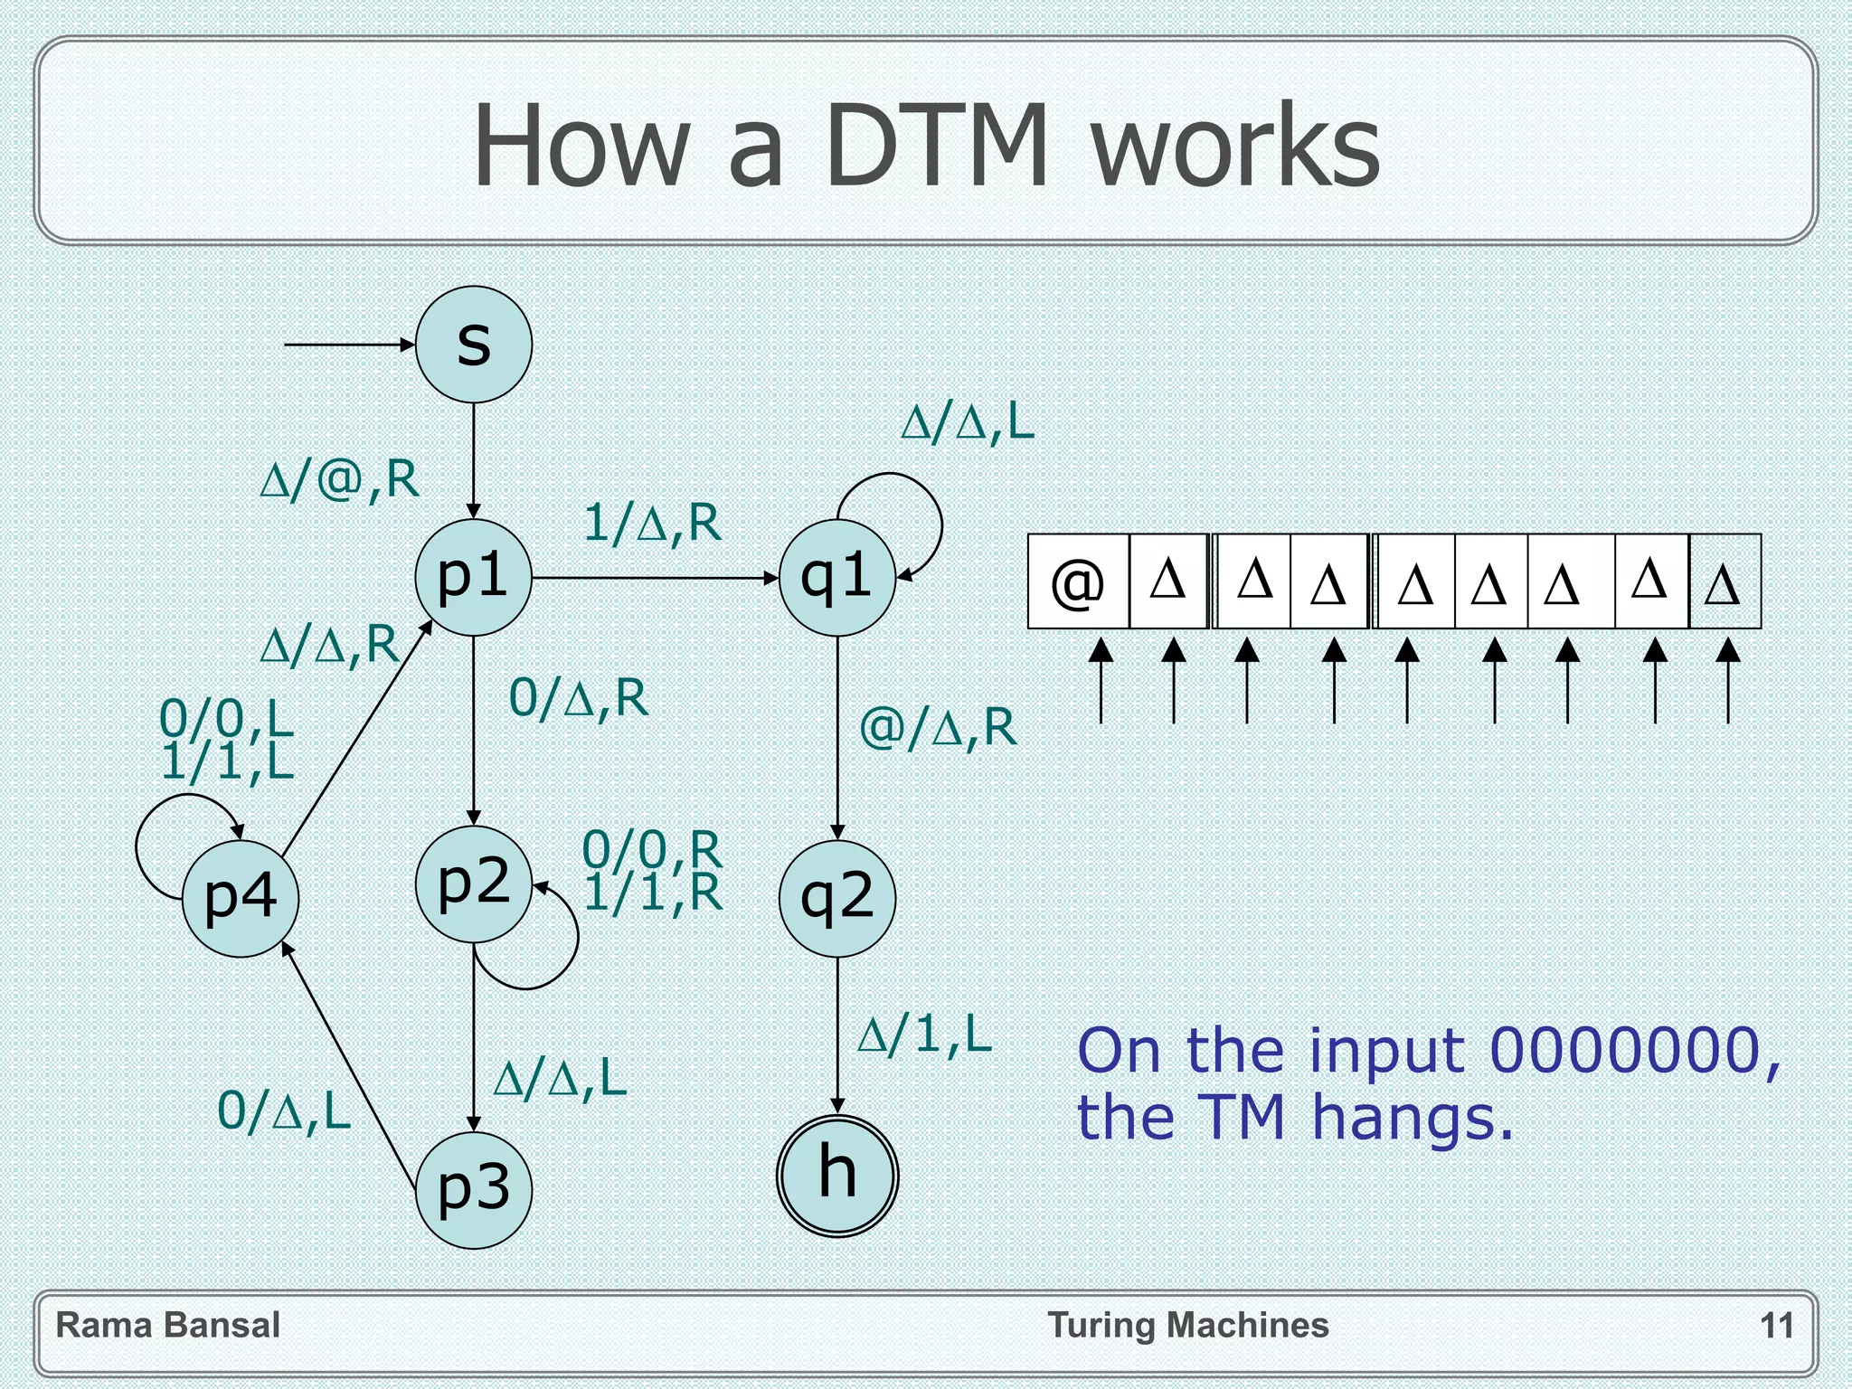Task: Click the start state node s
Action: [x=474, y=345]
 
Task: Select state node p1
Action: [x=474, y=577]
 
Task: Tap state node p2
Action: [x=474, y=883]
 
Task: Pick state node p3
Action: [x=474, y=1190]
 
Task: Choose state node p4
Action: [x=241, y=898]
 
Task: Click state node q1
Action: [x=837, y=577]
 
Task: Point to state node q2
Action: [x=837, y=898]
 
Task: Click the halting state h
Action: [x=837, y=1176]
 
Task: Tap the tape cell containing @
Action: [x=1079, y=581]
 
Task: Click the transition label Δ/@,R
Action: [x=340, y=479]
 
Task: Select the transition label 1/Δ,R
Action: [x=652, y=523]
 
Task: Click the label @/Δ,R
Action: [x=938, y=727]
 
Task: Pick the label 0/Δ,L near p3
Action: [x=284, y=1110]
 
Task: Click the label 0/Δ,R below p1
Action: [x=579, y=698]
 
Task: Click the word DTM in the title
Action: [x=937, y=146]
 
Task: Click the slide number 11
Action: [x=1777, y=1326]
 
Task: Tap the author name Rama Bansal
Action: [x=168, y=1326]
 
